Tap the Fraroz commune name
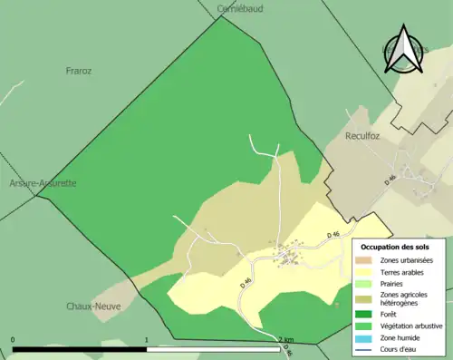[80, 70]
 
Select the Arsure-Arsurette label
[43, 183]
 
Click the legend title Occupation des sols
[395, 247]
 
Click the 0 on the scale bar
[13, 340]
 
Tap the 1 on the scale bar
[147, 340]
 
